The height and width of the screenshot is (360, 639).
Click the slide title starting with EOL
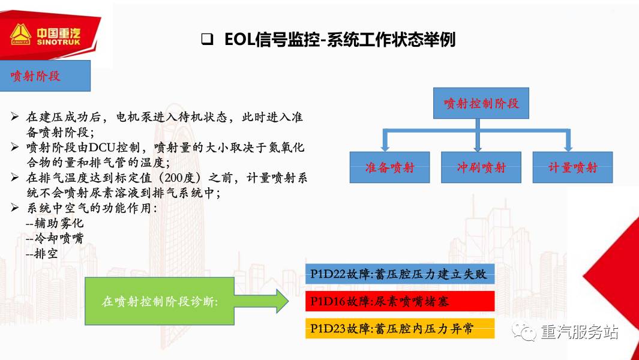point(340,40)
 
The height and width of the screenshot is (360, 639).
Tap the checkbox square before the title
point(208,40)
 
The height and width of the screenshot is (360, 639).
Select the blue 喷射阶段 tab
point(45,76)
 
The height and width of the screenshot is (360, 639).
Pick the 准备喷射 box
point(390,167)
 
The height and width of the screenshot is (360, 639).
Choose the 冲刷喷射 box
point(481,167)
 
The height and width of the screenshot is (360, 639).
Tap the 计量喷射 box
point(572,167)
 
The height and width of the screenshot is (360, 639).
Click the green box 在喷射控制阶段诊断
point(159,301)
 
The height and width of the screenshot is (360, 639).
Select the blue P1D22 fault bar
point(400,274)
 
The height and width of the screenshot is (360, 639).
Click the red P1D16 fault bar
point(400,301)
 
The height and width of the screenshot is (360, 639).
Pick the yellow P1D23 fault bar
point(400,328)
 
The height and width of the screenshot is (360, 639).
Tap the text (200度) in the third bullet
point(197,177)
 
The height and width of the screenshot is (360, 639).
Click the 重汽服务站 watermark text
point(579,332)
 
